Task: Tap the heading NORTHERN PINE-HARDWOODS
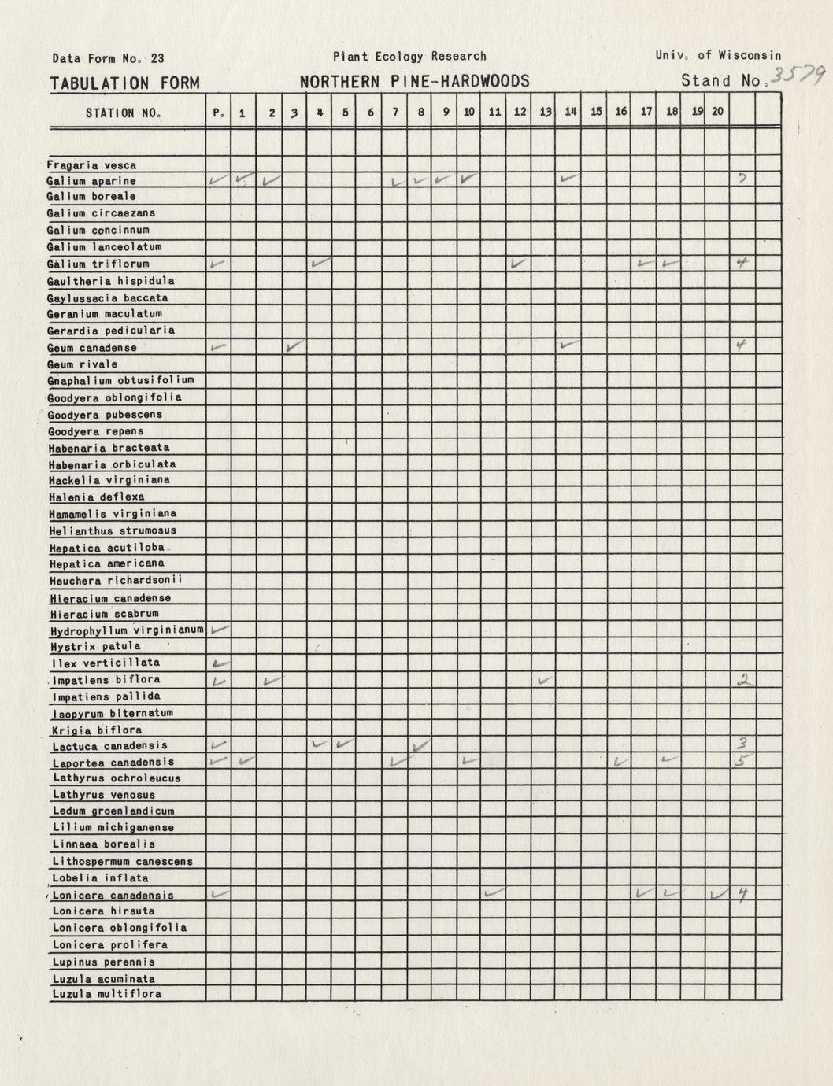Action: click(414, 82)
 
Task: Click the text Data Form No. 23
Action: click(108, 58)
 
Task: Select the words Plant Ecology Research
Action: click(409, 57)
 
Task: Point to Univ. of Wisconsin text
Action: click(717, 55)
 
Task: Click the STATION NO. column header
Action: click(124, 113)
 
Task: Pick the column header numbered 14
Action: click(570, 112)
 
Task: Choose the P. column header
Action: click(218, 113)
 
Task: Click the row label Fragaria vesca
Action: click(91, 165)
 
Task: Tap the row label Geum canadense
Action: click(92, 348)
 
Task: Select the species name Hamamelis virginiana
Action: click(113, 513)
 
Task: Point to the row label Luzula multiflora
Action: click(106, 994)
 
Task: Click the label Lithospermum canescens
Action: click(122, 861)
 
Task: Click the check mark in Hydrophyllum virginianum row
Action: click(220, 629)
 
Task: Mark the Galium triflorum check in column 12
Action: click(518, 263)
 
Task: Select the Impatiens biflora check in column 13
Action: click(543, 679)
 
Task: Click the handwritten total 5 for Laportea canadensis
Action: click(743, 760)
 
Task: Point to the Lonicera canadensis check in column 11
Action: click(494, 893)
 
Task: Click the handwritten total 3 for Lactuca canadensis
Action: click(742, 744)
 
